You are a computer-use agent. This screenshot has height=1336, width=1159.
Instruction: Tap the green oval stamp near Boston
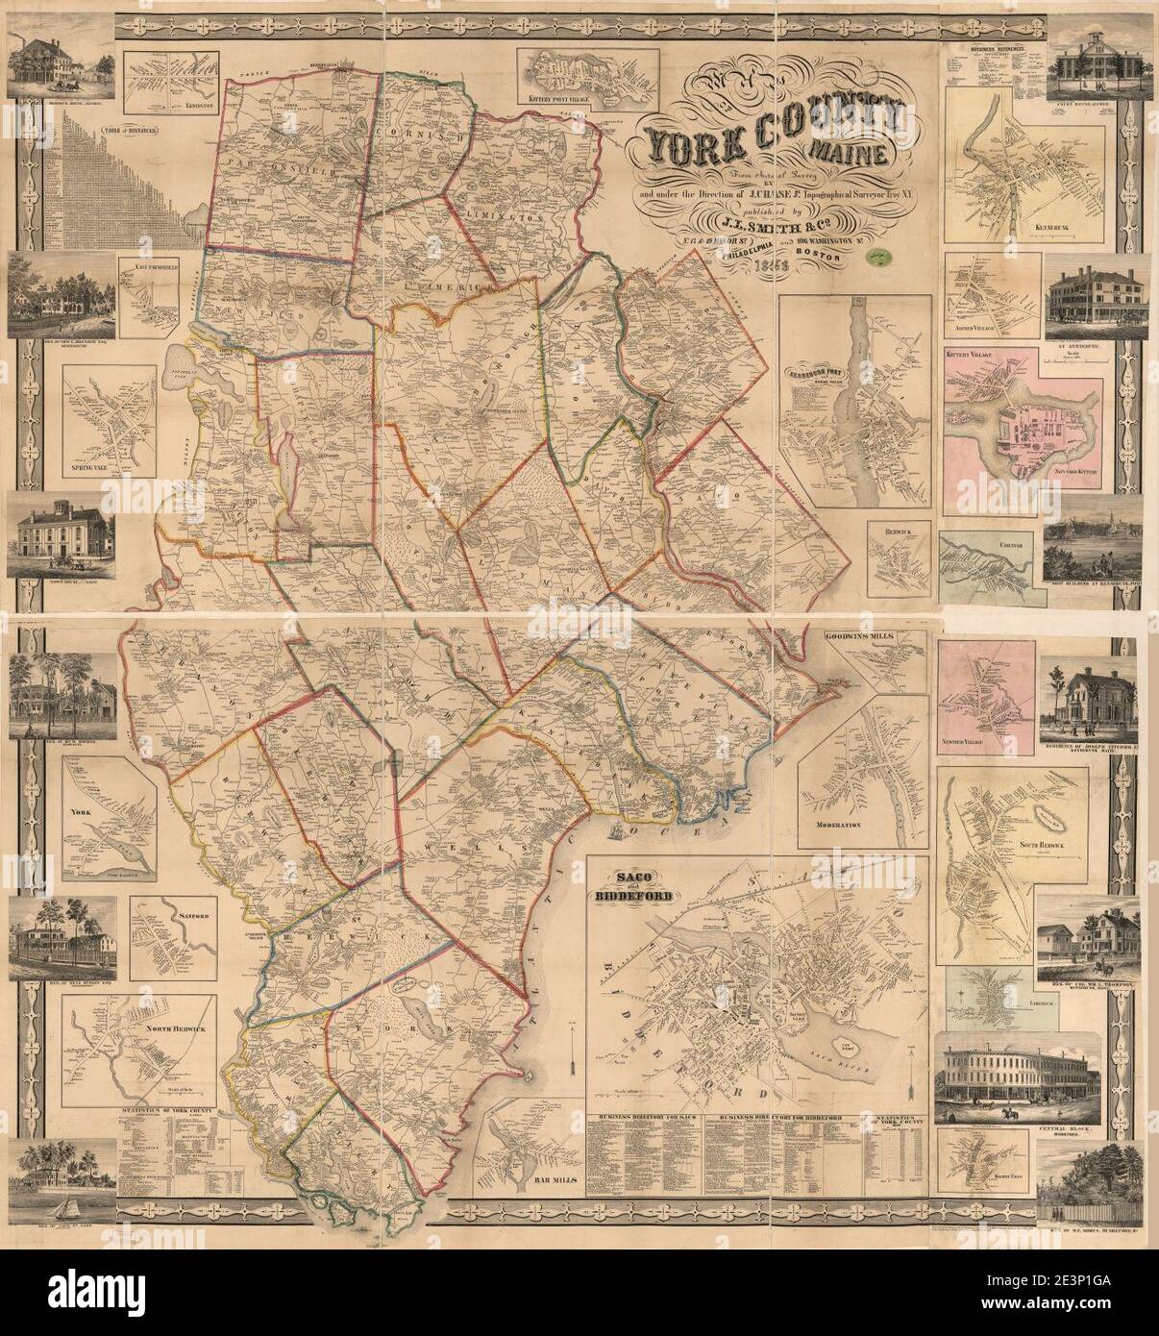pos(877,257)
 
